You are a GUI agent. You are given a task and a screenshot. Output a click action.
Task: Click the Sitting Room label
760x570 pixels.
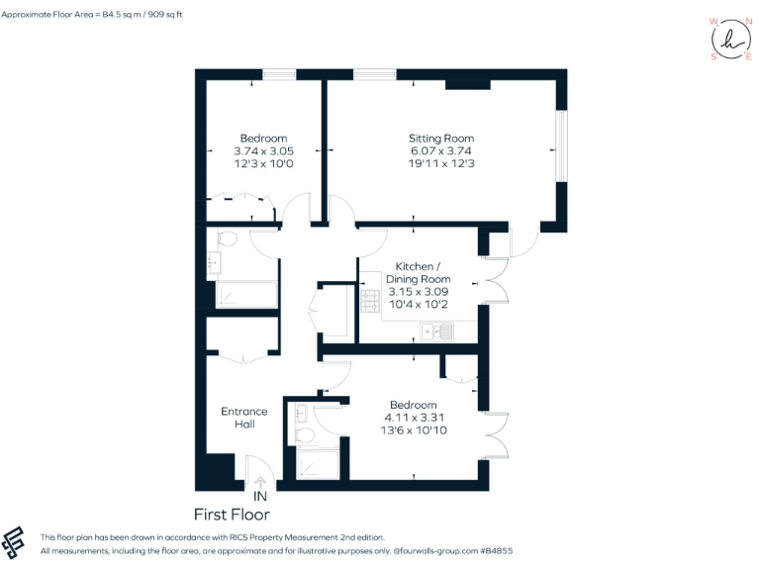pyautogui.click(x=441, y=138)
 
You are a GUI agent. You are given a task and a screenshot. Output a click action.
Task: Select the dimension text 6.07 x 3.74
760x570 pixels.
pyautogui.click(x=441, y=150)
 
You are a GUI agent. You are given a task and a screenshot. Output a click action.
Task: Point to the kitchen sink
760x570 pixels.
pyautogui.click(x=436, y=332)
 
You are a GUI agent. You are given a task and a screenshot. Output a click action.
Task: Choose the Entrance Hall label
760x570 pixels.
pyautogui.click(x=244, y=417)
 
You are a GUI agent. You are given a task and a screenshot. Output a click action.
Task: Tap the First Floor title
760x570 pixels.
pyautogui.click(x=232, y=515)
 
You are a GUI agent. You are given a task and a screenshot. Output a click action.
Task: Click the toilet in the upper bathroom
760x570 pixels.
pyautogui.click(x=225, y=238)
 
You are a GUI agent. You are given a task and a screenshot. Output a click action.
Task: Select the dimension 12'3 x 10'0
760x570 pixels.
pyautogui.click(x=263, y=163)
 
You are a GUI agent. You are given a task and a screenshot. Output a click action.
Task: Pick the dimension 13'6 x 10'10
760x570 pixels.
pyautogui.click(x=413, y=430)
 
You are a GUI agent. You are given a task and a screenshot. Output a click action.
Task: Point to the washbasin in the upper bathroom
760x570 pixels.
pyautogui.click(x=215, y=263)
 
